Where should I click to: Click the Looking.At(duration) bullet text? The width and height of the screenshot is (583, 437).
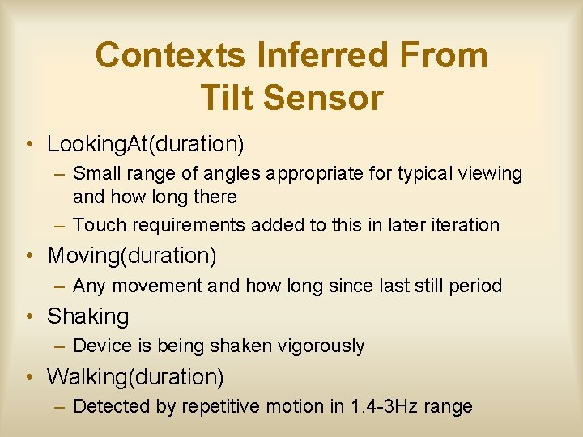(x=146, y=144)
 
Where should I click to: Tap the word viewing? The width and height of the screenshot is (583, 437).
(x=491, y=173)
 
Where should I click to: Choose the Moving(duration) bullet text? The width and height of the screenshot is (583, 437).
(x=132, y=256)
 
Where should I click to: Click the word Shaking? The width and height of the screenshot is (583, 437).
(x=88, y=316)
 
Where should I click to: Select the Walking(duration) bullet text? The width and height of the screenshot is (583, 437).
(x=136, y=377)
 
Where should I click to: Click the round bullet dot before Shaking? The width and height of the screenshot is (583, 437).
(x=29, y=316)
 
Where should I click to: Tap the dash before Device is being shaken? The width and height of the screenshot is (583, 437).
(x=60, y=346)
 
